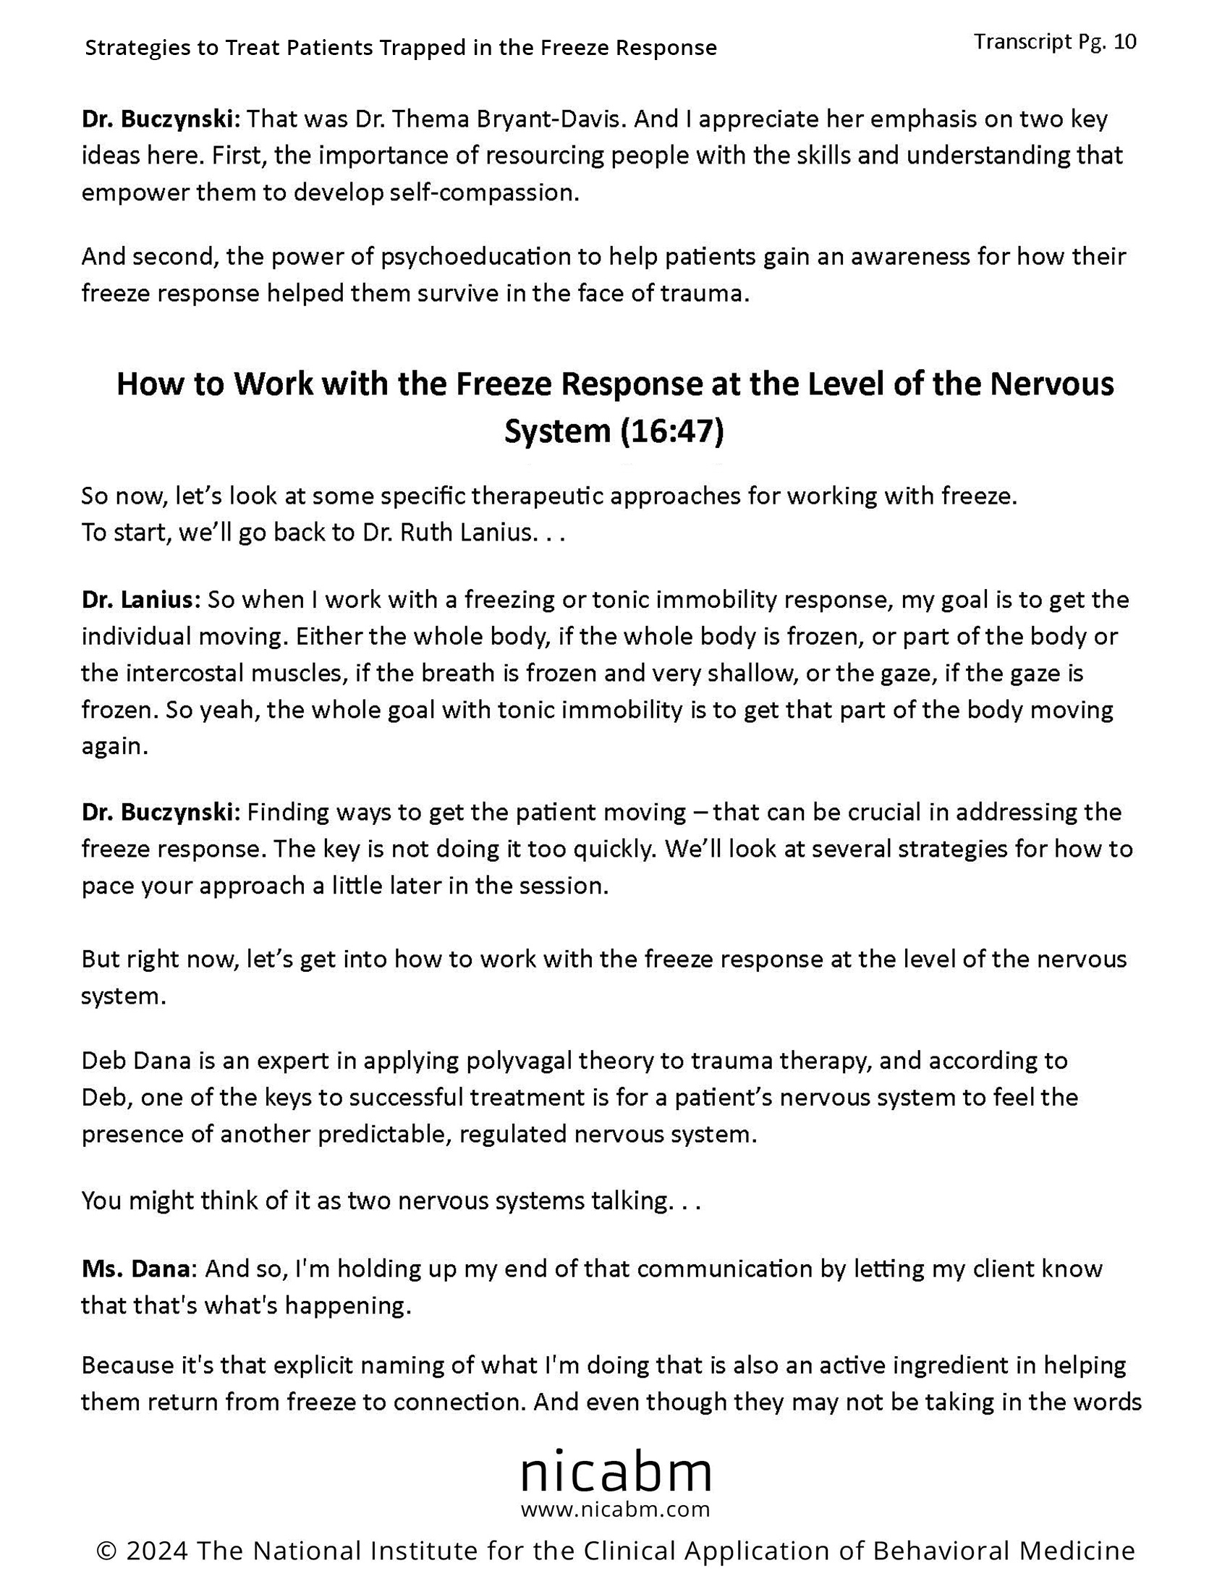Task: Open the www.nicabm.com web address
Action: [616, 1509]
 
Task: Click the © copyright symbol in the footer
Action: [106, 1551]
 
